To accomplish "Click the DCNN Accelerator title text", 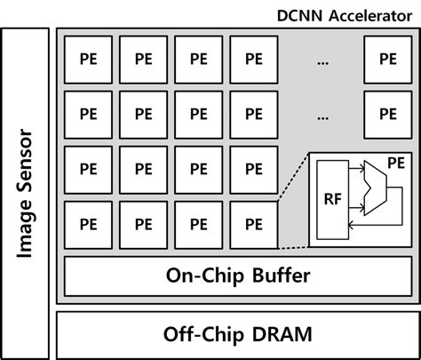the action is pos(345,16).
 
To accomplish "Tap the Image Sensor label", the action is pos(25,194).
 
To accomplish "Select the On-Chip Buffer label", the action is pos(238,276).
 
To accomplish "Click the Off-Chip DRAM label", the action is pos(238,334).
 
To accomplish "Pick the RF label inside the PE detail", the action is pos(333,199).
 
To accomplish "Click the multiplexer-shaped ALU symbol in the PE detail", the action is pos(376,188).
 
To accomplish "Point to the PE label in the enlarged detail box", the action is pos(396,164).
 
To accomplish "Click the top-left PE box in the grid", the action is pos(88,60).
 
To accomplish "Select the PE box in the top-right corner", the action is pos(388,60).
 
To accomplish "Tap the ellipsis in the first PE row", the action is pos(322,63).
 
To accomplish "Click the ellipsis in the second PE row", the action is pos(322,118).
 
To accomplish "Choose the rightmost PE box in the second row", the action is pos(388,115).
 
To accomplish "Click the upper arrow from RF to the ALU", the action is pos(356,169).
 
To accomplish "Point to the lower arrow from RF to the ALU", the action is pos(356,208).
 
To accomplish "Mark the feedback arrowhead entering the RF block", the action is pos(351,226).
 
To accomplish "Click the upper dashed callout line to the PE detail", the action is pos(294,177).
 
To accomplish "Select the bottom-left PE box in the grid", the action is pos(88,225).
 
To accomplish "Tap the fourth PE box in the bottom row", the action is pos(254,225).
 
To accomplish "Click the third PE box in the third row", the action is pos(199,170).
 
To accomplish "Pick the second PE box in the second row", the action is pos(143,115).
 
